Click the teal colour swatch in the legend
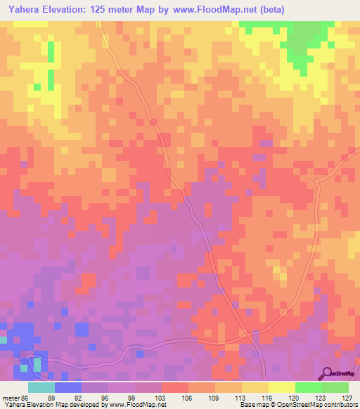tap(41, 387)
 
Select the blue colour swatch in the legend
tap(67, 387)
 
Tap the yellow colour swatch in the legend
tap(281, 387)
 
